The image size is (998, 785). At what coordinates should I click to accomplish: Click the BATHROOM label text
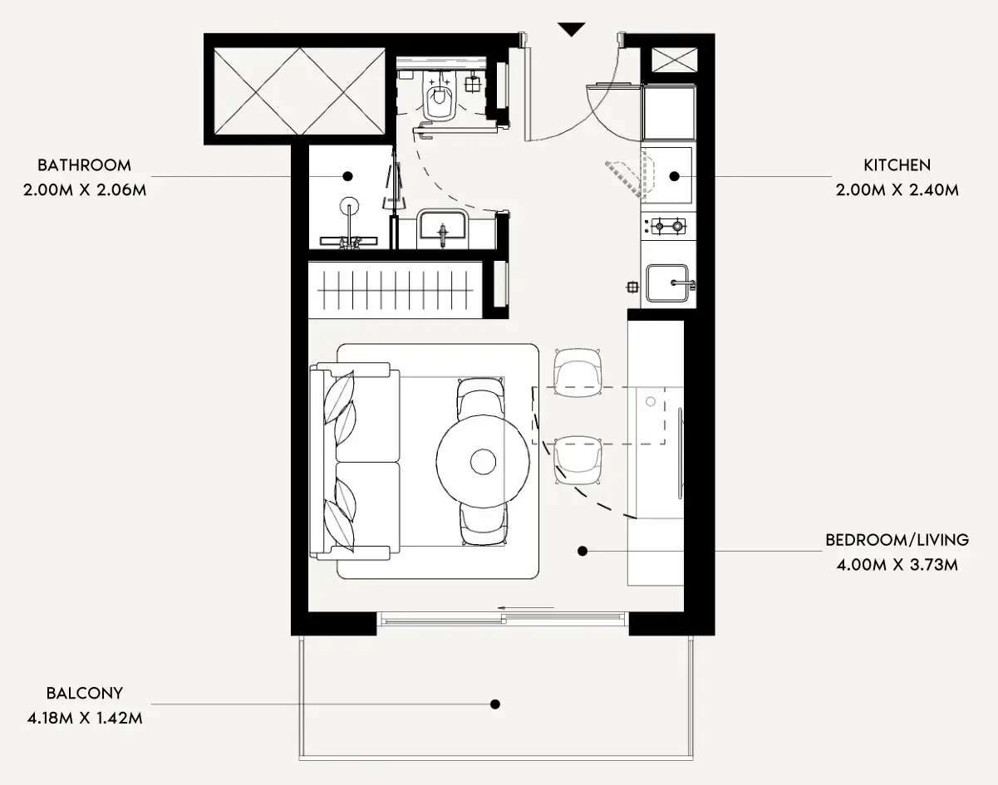tap(85, 165)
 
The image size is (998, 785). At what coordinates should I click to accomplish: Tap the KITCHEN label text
tap(897, 165)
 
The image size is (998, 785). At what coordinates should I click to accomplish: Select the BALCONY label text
tap(85, 693)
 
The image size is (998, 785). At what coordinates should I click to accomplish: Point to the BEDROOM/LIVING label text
tap(897, 540)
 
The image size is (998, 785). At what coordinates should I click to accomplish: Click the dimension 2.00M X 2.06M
tap(85, 190)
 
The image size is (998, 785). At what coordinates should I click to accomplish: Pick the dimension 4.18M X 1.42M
tap(85, 719)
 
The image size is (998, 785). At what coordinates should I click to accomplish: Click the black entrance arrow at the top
tap(572, 29)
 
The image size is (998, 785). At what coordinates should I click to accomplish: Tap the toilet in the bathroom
tap(439, 97)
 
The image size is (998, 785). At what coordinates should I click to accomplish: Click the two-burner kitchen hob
tap(668, 226)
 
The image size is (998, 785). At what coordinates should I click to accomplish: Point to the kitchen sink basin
tap(667, 282)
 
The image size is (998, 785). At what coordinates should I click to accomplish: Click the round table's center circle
tap(484, 462)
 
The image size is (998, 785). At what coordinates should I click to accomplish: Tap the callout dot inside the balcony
tap(495, 704)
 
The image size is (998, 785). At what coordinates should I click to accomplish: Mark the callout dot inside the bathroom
tap(347, 176)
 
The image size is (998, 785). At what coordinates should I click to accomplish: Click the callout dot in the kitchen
tap(674, 176)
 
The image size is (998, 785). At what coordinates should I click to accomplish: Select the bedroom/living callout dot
tap(583, 551)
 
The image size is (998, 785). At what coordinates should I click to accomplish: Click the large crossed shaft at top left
tap(300, 91)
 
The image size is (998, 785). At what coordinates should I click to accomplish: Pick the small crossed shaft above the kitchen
tap(674, 60)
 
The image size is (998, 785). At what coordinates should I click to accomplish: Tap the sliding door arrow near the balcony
tap(525, 607)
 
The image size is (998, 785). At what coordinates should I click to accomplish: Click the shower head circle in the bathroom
tap(349, 206)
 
